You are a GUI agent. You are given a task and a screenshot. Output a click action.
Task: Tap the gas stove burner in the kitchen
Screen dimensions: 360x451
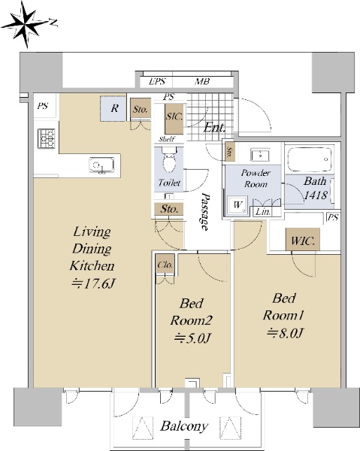[47, 138]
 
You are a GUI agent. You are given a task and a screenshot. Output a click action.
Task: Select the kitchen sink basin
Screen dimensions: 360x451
[101, 165]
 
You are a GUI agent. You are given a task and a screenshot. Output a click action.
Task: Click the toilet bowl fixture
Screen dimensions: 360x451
[169, 160]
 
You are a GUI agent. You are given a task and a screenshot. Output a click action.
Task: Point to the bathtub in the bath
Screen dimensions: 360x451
[310, 159]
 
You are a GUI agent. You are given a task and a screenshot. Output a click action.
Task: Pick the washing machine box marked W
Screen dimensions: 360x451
[237, 205]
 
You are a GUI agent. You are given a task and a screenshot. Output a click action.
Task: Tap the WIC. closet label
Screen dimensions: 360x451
[302, 240]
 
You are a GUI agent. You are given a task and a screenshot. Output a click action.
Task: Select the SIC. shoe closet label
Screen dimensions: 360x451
[174, 117]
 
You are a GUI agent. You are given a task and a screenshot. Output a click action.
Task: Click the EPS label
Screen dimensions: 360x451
[157, 82]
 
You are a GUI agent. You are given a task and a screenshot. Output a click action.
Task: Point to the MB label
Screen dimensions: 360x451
[202, 82]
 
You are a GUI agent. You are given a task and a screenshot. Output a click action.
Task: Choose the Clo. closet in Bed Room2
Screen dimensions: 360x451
[165, 265]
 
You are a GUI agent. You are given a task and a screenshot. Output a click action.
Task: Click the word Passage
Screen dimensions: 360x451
[205, 211]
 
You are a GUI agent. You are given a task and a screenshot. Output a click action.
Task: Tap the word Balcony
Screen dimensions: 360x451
[184, 426]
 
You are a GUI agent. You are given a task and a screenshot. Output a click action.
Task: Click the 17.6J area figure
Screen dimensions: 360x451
[93, 284]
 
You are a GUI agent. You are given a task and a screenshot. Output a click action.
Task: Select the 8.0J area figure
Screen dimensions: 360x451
[285, 333]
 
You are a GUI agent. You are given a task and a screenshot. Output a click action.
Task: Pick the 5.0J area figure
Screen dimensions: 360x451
[192, 338]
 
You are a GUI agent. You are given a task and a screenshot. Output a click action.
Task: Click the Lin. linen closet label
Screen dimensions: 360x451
[263, 212]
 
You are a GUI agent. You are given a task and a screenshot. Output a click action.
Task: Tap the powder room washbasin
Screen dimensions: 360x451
[260, 156]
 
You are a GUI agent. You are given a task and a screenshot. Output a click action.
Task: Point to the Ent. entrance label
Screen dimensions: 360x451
[214, 127]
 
